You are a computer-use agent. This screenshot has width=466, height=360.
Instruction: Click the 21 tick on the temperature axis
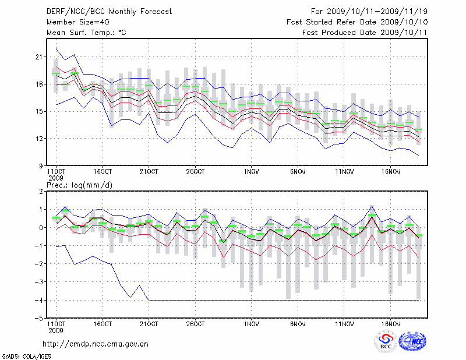pyautogui.click(x=39, y=57)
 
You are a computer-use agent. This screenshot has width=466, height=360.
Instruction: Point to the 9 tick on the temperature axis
pyautogui.click(x=41, y=165)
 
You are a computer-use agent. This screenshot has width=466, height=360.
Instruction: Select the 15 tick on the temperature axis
pyautogui.click(x=39, y=111)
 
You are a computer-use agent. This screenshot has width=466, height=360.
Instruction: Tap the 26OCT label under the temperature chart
pyautogui.click(x=195, y=172)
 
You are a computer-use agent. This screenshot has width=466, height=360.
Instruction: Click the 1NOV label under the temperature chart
pyautogui.click(x=252, y=172)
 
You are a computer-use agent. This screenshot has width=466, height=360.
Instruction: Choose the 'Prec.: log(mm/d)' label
pyautogui.click(x=79, y=185)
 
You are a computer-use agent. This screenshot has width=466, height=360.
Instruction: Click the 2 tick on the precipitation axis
pyautogui.click(x=41, y=192)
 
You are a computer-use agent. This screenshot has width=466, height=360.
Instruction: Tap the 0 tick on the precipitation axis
pyautogui.click(x=41, y=228)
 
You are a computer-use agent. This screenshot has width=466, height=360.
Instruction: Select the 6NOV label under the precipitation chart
pyautogui.click(x=298, y=324)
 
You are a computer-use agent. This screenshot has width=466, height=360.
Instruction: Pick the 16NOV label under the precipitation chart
pyautogui.click(x=390, y=324)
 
